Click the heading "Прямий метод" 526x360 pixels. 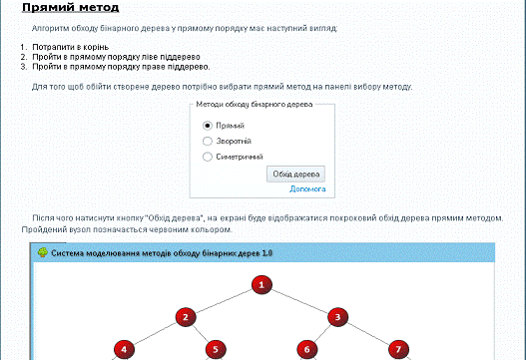pos(71,7)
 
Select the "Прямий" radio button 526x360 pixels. pos(208,126)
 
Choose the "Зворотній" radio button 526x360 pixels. pos(208,142)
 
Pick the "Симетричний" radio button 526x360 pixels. pos(208,157)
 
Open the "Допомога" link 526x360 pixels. pos(307,189)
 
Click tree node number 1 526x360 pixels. pos(262,285)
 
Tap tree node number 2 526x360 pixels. pos(186,317)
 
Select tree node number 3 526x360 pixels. pos(337,317)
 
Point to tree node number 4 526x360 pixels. pos(124,349)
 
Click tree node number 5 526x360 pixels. pos(216,349)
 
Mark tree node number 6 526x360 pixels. pos(307,349)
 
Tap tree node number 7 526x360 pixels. pos(398,349)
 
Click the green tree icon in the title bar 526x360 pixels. pos(42,252)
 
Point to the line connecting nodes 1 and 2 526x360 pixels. pos(224,301)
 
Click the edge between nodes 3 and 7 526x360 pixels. pos(368,333)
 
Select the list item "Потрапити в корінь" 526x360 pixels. pos(71,47)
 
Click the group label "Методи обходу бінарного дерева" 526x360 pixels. pos(254,105)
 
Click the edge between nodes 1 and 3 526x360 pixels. pos(299,301)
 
